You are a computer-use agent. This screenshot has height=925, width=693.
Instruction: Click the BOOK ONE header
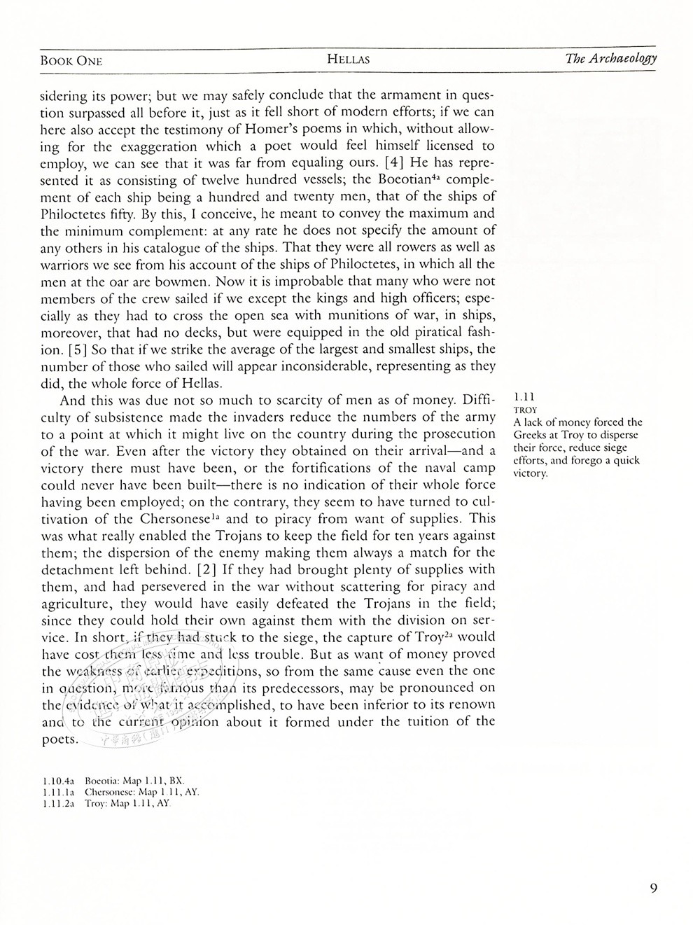[x=71, y=60]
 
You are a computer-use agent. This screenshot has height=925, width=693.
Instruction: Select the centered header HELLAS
[x=348, y=60]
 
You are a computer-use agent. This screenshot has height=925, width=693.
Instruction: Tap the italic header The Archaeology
[x=610, y=58]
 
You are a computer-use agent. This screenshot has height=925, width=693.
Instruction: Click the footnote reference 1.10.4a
[x=58, y=779]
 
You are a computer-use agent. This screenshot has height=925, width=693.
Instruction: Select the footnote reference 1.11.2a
[x=58, y=803]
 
